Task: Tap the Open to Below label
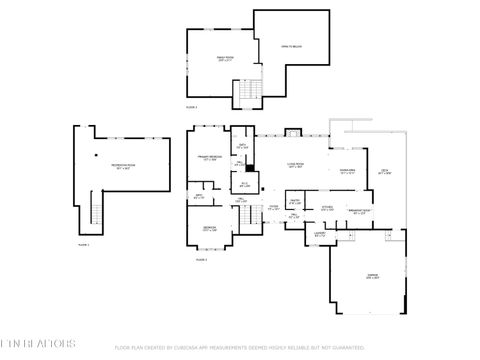291,46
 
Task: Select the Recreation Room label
122,167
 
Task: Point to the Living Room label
296,166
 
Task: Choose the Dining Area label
347,171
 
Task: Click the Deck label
385,172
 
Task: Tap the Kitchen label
328,208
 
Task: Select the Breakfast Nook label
360,211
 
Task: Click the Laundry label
320,235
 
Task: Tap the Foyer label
273,208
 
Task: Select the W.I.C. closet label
244,184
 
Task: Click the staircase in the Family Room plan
246,94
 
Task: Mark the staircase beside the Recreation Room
96,211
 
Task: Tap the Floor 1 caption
84,244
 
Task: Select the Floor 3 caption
191,106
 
